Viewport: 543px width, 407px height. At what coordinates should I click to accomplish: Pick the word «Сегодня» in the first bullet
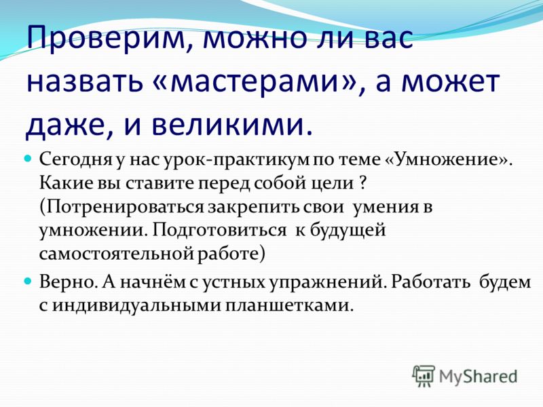tap(75, 160)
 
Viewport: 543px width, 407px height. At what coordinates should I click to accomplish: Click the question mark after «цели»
tap(362, 183)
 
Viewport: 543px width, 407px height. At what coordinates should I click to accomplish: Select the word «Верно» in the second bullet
tap(69, 282)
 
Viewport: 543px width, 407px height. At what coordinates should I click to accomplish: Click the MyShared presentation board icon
tap(423, 376)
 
